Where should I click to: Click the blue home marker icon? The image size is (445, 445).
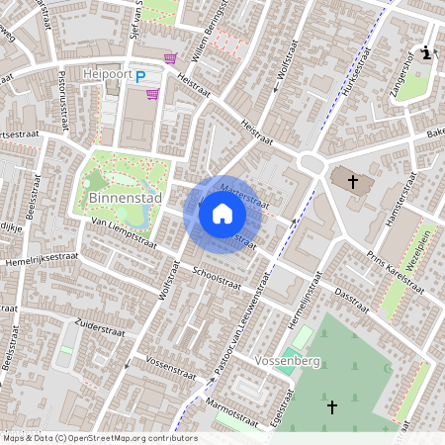[222, 214]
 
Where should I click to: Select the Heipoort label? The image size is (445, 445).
[107, 74]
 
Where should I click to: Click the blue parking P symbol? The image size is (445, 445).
[140, 75]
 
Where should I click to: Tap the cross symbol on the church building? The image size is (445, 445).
[353, 180]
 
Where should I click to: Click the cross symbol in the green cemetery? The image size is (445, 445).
[332, 406]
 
